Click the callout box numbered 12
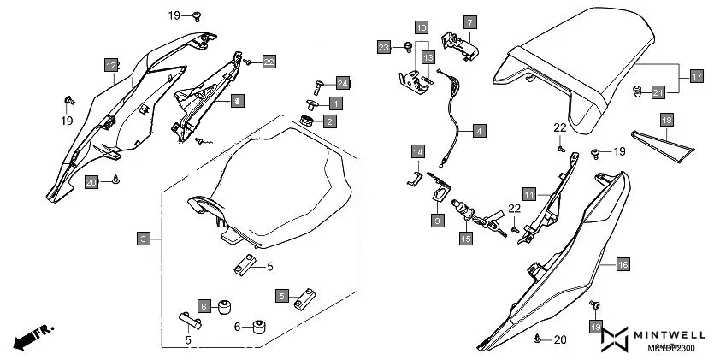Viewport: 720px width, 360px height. pos(111,65)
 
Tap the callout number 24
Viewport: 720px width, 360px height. pos(343,83)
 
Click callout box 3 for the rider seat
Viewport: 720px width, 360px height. pos(144,239)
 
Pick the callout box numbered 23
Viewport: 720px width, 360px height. pos(384,47)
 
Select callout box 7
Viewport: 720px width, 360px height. pos(470,20)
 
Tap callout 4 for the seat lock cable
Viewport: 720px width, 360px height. pos(479,131)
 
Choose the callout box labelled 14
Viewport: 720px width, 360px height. pos(417,152)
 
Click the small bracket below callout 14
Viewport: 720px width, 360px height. pos(411,179)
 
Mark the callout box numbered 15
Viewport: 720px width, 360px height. pos(466,239)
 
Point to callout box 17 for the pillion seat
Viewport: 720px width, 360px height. pos(696,77)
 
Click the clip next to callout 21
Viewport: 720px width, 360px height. pos(636,89)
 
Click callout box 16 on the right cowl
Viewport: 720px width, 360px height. pos(623,265)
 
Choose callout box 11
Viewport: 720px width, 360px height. pos(529,194)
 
